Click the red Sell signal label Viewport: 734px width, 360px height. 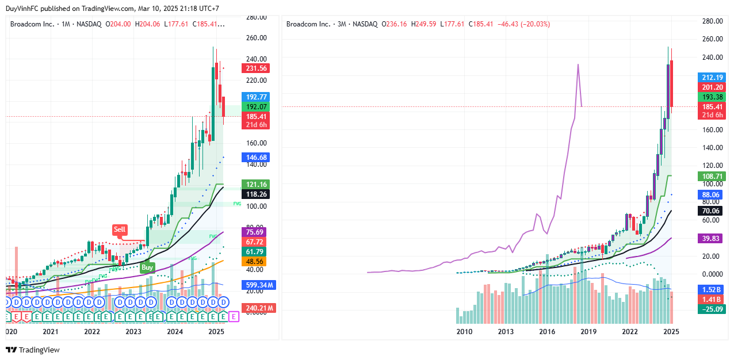119,229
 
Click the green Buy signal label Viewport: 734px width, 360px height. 147,267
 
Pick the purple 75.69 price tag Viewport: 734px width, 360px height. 255,232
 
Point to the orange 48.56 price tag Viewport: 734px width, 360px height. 255,261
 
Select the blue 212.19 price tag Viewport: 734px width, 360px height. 712,77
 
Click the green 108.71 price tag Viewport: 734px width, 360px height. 712,176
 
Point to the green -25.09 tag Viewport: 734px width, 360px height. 712,309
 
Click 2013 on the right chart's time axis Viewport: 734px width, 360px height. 506,332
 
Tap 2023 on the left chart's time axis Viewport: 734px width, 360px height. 133,332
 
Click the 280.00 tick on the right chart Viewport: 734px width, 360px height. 712,21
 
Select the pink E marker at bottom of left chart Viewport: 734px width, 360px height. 233,316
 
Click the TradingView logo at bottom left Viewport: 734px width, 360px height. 33,350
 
